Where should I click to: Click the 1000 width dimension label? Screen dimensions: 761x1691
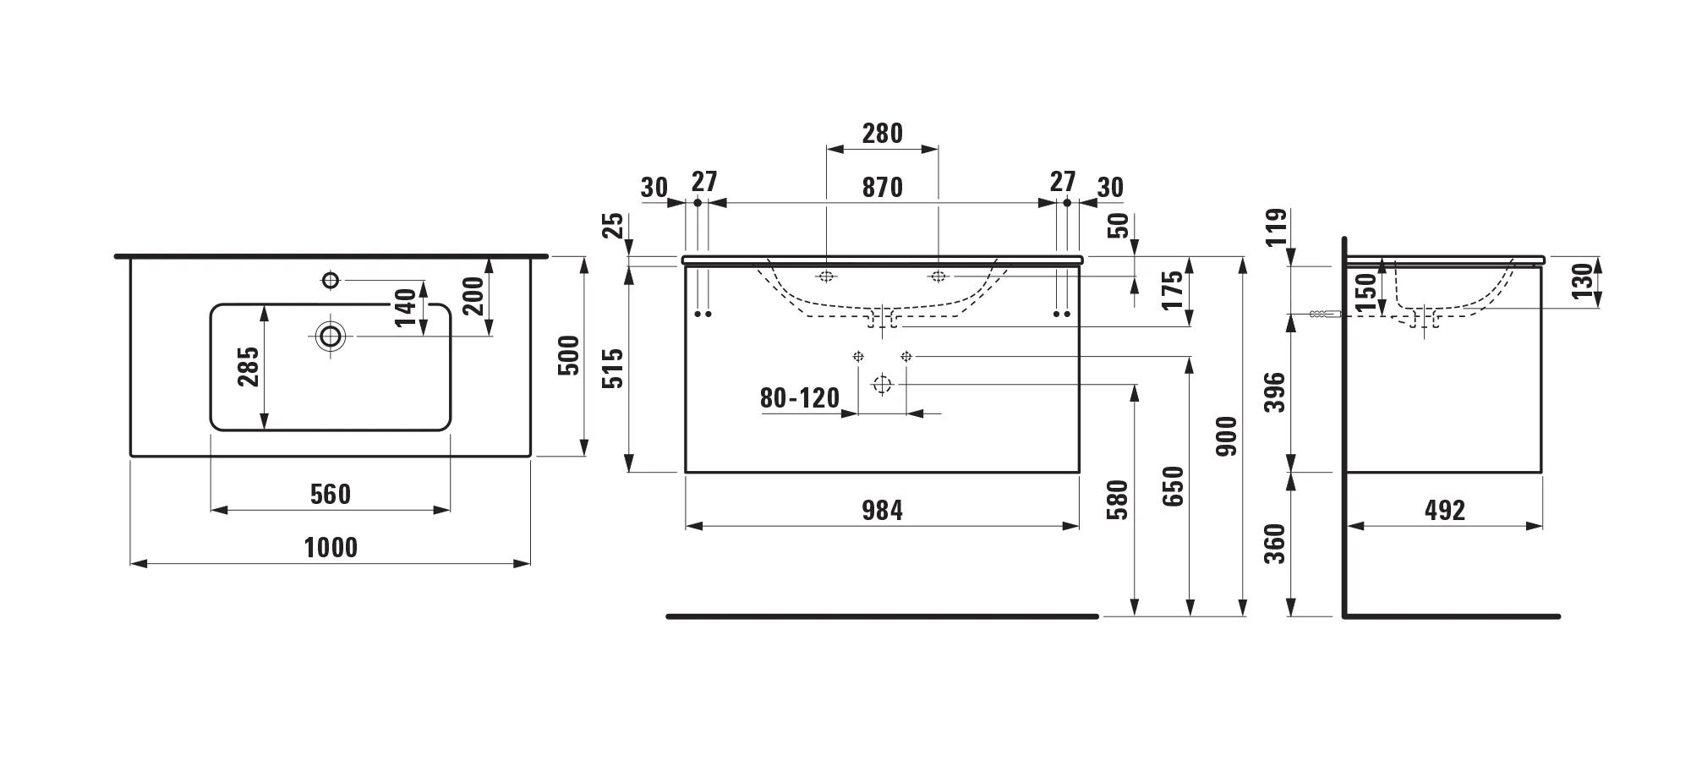331,548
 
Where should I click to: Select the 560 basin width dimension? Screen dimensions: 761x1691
330,495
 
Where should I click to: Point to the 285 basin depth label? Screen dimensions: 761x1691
249,367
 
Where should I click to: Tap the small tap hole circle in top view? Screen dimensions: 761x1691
331,280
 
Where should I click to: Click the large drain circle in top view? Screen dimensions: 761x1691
330,337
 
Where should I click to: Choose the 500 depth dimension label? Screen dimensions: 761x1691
571,356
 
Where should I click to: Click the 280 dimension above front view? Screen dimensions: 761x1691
882,134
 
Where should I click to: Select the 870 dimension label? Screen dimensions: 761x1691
882,188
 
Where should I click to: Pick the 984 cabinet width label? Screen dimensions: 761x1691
882,511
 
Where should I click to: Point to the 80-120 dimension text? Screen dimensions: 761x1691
799,398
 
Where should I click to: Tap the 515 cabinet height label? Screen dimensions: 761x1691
615,368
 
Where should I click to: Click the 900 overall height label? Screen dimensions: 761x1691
1227,436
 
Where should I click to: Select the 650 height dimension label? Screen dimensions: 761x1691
1174,486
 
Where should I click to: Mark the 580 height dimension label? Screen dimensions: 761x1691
1119,500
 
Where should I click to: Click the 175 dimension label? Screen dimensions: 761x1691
1174,291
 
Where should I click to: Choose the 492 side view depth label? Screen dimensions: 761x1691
1444,511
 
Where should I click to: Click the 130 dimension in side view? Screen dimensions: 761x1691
1582,281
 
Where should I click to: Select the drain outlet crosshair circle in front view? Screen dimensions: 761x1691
882,385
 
